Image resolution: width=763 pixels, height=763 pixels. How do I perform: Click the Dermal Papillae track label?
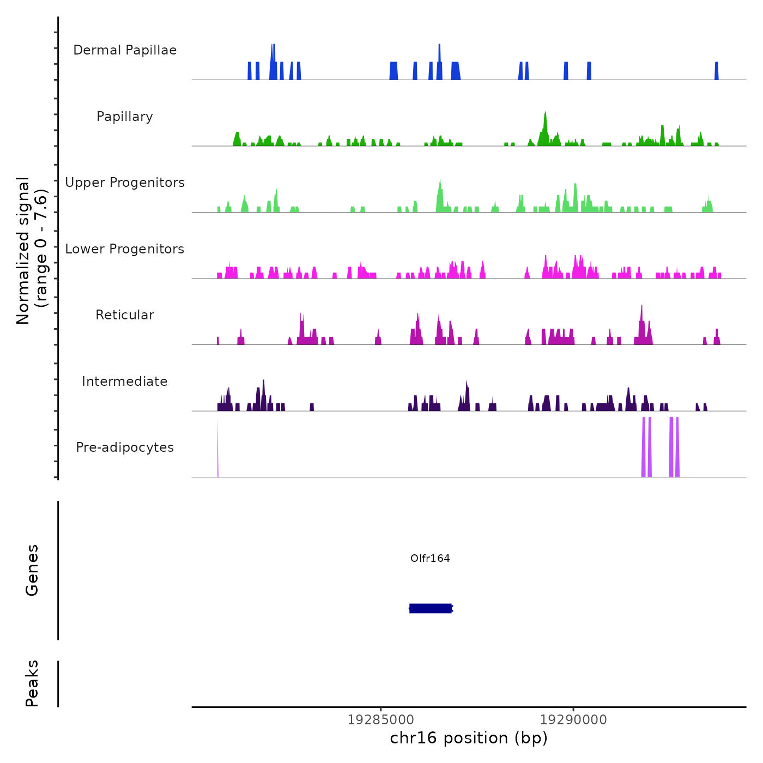point(125,50)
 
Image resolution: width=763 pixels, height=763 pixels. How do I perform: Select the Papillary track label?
point(125,117)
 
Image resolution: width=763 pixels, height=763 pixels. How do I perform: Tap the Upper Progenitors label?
point(125,183)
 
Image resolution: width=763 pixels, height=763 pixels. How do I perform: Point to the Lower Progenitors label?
point(125,249)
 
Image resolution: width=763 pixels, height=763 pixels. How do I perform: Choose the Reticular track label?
point(125,315)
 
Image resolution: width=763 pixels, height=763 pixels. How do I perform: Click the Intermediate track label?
point(125,381)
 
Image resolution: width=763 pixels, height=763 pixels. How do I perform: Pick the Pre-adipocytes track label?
point(125,447)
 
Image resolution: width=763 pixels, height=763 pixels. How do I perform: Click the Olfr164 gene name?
point(430,558)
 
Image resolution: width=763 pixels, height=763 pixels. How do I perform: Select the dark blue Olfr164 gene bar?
point(431,608)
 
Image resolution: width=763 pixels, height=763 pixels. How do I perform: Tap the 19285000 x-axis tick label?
point(380,720)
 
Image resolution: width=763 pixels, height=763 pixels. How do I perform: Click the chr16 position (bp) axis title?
point(469,738)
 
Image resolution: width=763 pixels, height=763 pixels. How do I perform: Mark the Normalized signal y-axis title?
point(32,250)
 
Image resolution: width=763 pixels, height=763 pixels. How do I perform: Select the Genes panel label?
point(32,570)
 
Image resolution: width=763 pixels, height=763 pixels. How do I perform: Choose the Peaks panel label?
point(32,683)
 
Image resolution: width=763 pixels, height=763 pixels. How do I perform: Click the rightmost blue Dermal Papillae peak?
point(717,71)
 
